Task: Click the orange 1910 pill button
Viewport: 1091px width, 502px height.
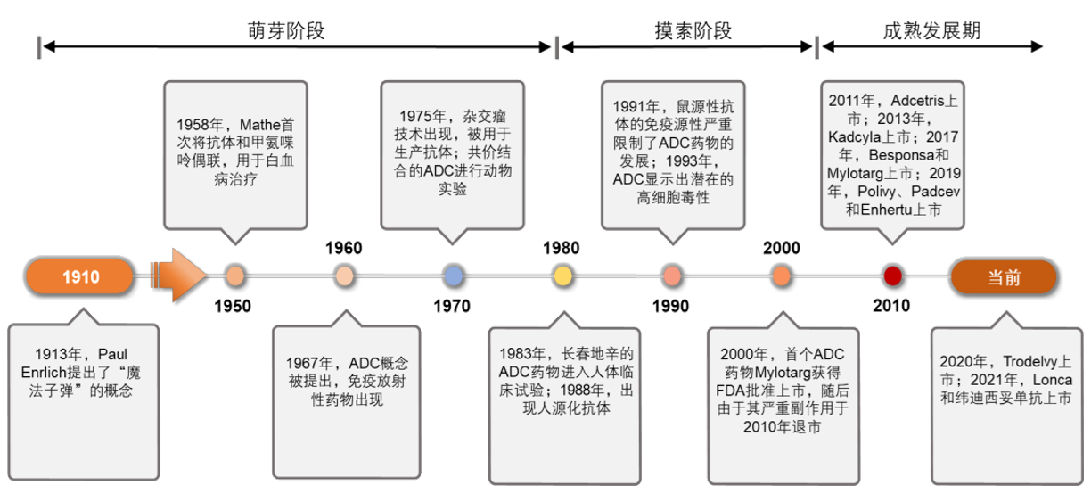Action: coord(80,277)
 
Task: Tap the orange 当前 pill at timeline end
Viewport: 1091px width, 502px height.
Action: coord(1004,277)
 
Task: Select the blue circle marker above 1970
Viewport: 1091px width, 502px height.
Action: coord(453,276)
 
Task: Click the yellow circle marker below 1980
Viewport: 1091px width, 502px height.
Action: coord(562,276)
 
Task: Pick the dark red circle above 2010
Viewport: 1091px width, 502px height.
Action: coord(892,276)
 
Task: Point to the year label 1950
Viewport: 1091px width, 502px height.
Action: coord(233,307)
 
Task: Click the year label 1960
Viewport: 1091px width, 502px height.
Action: coord(343,248)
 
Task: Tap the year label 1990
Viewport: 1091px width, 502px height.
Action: coord(670,307)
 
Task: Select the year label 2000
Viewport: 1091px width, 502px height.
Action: coord(782,248)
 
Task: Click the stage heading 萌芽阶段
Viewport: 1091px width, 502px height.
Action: coord(286,31)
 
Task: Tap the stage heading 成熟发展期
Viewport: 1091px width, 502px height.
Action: coord(932,31)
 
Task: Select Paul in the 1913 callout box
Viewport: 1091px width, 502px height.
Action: coord(113,354)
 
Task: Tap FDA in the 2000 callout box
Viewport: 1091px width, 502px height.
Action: coord(736,391)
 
